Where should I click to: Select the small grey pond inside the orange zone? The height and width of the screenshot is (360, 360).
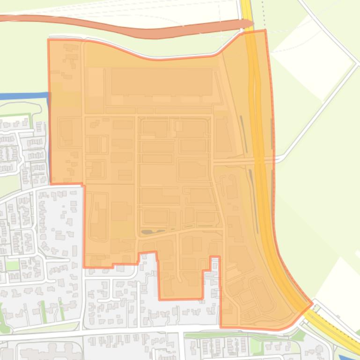(x=153, y=231)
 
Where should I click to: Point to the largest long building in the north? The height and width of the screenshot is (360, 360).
(x=162, y=82)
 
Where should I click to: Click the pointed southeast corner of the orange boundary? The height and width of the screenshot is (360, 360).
(x=311, y=304)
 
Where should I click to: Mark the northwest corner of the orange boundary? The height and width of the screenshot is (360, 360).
(x=49, y=40)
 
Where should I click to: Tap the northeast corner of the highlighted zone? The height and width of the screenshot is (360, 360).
(x=265, y=31)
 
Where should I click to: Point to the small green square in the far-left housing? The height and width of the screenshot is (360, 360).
(x=13, y=265)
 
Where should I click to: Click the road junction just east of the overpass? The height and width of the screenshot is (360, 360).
(x=279, y=160)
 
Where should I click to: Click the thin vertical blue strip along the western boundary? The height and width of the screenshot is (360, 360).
(x=49, y=140)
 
